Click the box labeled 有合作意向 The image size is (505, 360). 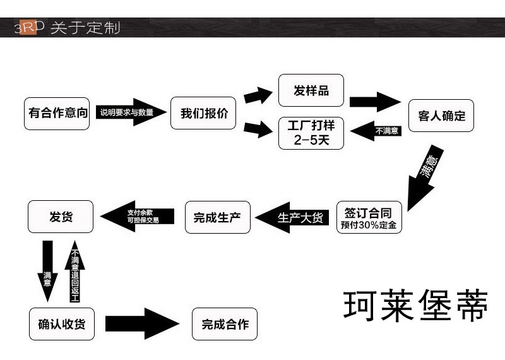tap(57, 114)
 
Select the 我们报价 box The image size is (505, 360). tap(203, 114)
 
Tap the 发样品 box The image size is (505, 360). tap(311, 90)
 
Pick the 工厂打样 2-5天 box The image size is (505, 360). tap(311, 133)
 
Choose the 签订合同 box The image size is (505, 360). tap(369, 217)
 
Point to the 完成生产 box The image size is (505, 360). tap(217, 217)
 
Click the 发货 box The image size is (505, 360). tap(61, 217)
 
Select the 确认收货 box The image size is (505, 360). tap(61, 324)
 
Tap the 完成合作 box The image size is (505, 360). tap(225, 325)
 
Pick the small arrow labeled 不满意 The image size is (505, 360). tap(376, 131)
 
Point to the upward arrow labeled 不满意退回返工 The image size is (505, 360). tap(74, 272)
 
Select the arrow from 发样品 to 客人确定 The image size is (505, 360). tap(374, 102)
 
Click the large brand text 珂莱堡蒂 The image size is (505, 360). tap(416, 306)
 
